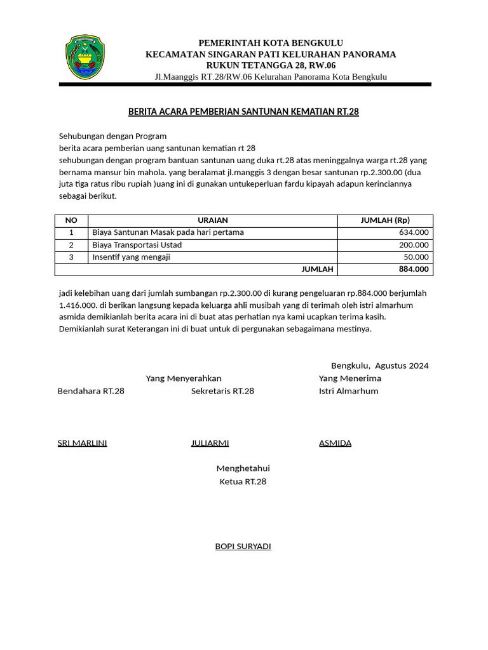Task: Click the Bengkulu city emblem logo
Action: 85,57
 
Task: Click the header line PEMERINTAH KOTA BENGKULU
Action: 271,43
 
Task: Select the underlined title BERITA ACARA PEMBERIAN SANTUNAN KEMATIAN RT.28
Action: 243,112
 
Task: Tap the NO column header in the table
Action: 71,220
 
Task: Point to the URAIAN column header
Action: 213,220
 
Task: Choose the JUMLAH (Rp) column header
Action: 385,220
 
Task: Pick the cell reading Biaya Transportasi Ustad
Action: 137,245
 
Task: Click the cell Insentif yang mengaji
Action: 132,257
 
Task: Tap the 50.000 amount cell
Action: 416,257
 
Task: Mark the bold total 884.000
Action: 413,269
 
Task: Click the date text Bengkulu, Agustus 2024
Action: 379,366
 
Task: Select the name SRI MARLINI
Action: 82,443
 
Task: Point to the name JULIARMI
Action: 210,443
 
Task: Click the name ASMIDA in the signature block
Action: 335,443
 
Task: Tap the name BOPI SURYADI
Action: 243,547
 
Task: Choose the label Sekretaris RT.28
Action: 222,391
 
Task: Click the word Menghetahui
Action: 243,468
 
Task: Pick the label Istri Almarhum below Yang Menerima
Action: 348,391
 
